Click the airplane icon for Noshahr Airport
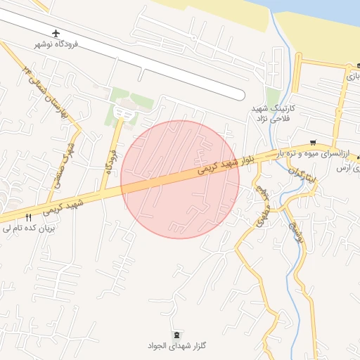56,34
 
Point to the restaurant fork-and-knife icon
28,218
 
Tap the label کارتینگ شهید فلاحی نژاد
276,114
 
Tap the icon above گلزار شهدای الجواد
176,334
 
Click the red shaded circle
180,179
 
